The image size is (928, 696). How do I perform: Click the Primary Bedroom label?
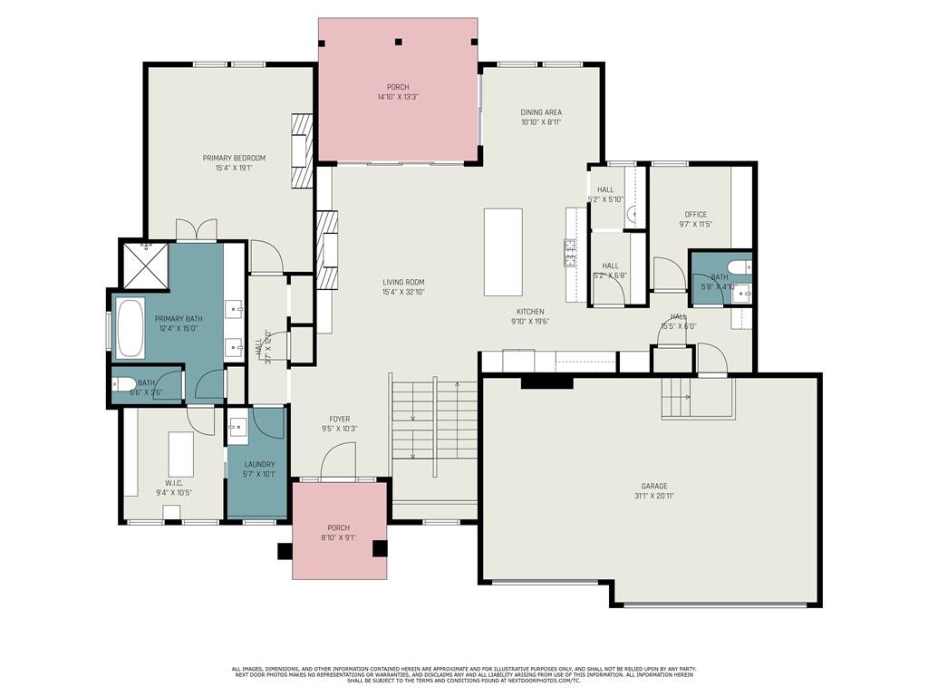234,158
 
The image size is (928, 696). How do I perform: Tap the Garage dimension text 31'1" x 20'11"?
653,496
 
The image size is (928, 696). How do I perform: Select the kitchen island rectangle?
503,252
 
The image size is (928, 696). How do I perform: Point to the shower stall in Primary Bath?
144,264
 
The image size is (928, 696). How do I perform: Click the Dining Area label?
541,112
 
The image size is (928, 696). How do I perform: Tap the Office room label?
696,215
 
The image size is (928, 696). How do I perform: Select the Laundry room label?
258,464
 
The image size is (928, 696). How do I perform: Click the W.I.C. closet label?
174,482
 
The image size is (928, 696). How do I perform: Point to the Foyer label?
340,419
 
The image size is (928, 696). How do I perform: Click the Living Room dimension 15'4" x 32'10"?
403,292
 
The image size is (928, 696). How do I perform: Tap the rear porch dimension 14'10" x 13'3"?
397,97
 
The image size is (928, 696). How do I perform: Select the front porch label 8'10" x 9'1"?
338,537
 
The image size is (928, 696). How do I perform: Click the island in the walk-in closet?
181,449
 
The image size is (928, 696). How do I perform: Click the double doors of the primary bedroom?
196,230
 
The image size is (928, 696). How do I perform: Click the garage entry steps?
696,397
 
